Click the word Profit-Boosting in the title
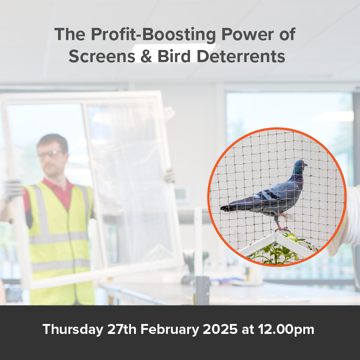[x=153, y=35]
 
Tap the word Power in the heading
[x=247, y=34]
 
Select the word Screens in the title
[x=102, y=56]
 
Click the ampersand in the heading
[x=146, y=56]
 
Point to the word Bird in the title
[x=174, y=56]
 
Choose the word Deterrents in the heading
[x=241, y=56]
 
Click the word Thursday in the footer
[x=73, y=330]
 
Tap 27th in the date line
[x=121, y=329]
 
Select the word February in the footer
[x=170, y=330]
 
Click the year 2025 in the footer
[x=220, y=329]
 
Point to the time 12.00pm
[x=286, y=330]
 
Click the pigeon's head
[x=300, y=166]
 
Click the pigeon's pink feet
[x=283, y=229]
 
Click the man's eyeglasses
[x=50, y=154]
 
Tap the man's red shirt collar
[x=58, y=185]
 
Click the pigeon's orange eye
[x=303, y=163]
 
